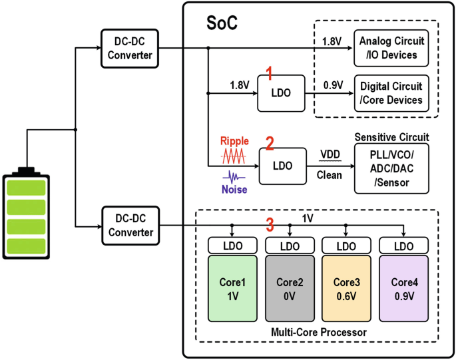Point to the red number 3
[270, 225]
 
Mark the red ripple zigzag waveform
[234, 157]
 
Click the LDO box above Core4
[403, 246]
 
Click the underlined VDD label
[329, 155]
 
